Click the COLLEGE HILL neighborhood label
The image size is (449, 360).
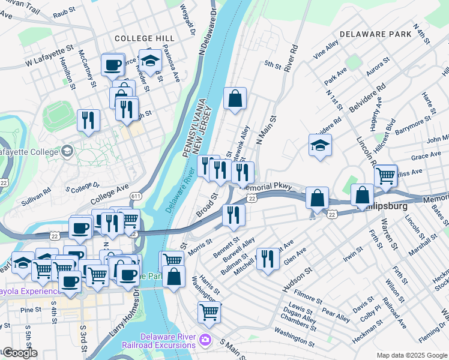[140, 38]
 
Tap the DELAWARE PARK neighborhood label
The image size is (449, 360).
[376, 34]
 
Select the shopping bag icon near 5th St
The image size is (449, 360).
[235, 98]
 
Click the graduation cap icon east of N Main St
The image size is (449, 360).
[320, 145]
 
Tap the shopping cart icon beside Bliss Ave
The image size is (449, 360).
[385, 176]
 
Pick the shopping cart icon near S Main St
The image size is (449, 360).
[209, 311]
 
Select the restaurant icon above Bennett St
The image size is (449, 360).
[233, 214]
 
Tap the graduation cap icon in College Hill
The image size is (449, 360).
[149, 60]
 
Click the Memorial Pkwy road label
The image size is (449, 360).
[267, 187]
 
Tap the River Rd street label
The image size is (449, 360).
[291, 55]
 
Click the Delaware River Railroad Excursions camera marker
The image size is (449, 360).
[206, 340]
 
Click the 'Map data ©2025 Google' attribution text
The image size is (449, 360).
[412, 355]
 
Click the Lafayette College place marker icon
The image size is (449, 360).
[67, 149]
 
